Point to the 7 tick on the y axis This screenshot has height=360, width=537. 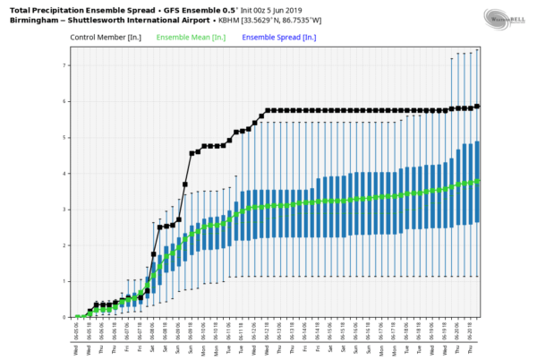click(x=63, y=65)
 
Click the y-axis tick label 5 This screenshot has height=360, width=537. click(x=63, y=138)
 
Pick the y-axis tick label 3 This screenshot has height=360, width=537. click(x=63, y=210)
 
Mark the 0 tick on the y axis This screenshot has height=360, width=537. click(x=63, y=317)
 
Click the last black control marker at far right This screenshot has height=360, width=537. click(x=477, y=106)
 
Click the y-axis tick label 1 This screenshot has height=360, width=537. click(x=63, y=281)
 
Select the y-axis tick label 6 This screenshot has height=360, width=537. click(x=63, y=102)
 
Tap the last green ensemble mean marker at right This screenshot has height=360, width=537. click(x=477, y=181)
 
